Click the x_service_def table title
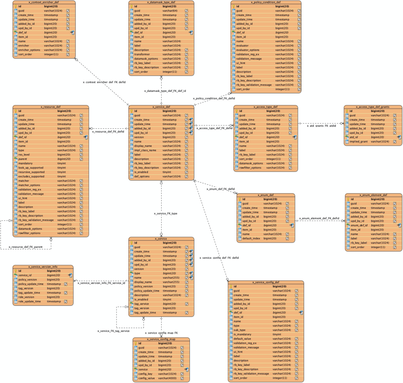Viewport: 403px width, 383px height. [162, 107]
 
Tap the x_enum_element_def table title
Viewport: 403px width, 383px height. [373, 195]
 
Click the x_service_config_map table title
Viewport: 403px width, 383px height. [161, 339]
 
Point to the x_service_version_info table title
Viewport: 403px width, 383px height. [43, 267]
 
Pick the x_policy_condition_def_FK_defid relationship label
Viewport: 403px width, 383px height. [214, 98]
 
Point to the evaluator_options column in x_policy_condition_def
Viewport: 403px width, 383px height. [248, 50]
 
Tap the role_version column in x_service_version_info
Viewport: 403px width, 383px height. [27, 297]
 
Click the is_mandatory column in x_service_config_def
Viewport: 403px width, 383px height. [244, 335]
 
